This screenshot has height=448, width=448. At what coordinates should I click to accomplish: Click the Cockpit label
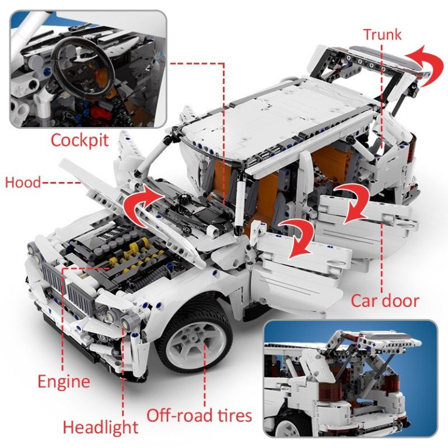coord(80,141)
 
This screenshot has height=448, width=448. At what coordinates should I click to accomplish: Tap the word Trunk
coord(382,34)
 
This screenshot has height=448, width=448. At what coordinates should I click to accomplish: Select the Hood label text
coord(23,183)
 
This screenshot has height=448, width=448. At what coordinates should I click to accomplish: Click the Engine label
coord(64,382)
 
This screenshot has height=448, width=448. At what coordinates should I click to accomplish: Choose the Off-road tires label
coord(199,415)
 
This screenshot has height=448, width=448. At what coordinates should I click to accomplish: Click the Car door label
coord(384,301)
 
